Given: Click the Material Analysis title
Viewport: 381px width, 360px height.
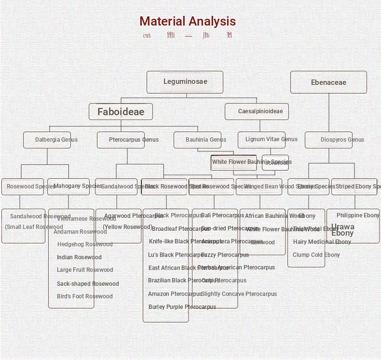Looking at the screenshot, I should (x=188, y=21).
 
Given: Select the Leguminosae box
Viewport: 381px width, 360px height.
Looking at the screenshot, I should (x=185, y=82).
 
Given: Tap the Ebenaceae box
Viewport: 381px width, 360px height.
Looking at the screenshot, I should (x=328, y=82).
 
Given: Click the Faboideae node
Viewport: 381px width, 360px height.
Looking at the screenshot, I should (x=121, y=112).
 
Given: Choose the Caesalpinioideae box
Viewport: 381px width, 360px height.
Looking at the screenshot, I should (x=257, y=111).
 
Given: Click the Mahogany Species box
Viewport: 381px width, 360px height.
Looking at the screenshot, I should (x=68, y=187).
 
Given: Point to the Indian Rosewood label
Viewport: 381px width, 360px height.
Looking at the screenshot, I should (x=79, y=257).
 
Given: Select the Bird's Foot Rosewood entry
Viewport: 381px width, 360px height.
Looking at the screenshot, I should (x=84, y=296).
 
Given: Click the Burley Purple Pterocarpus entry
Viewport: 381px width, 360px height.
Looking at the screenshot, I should (x=182, y=307).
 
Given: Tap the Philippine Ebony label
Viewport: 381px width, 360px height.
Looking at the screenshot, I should (x=358, y=215).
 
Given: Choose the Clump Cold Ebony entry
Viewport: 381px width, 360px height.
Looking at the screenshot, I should (x=316, y=255).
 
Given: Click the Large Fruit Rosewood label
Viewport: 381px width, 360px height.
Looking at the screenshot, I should (x=85, y=270).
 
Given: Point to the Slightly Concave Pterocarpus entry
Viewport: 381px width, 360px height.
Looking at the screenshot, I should (x=239, y=294).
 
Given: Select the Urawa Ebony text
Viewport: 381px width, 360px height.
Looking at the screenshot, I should (x=342, y=230).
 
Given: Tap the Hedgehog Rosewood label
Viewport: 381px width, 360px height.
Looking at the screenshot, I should (x=85, y=244).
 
